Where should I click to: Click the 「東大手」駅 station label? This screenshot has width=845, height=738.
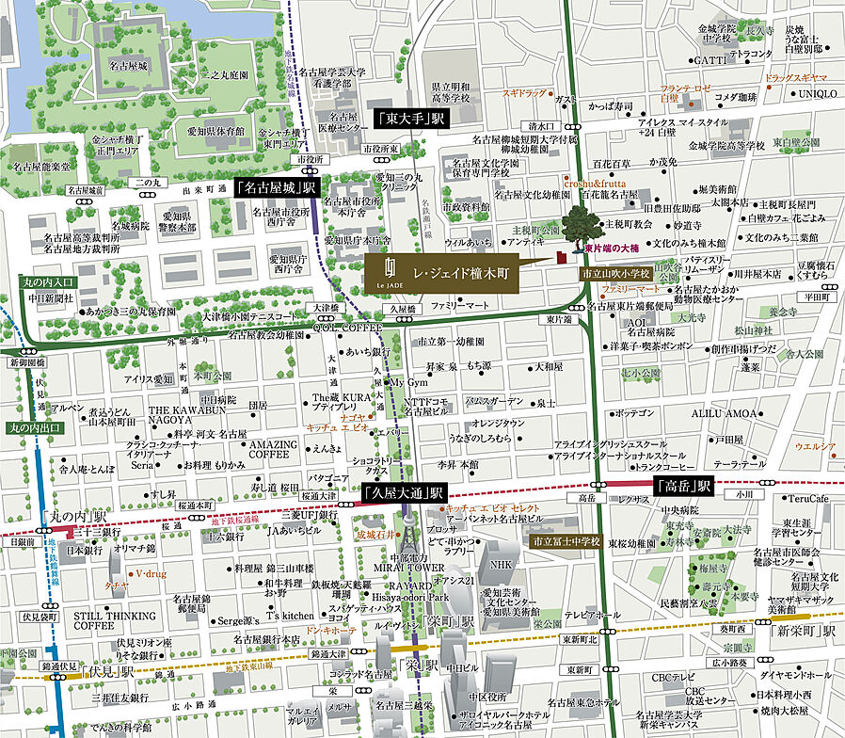click(x=411, y=119)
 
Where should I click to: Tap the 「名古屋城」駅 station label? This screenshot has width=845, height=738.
click(x=278, y=188)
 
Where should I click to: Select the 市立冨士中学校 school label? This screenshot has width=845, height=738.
click(x=563, y=543)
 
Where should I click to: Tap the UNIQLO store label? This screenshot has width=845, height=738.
click(x=819, y=93)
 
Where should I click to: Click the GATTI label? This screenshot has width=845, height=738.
click(x=709, y=60)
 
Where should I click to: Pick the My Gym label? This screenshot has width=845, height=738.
click(x=408, y=383)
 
